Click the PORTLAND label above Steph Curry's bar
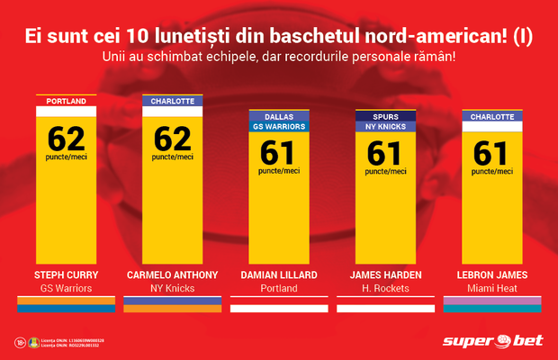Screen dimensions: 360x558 point(67,101)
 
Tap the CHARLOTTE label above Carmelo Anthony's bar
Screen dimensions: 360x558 point(172,101)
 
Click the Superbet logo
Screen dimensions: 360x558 point(492,341)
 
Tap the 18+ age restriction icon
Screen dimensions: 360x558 point(20,342)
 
